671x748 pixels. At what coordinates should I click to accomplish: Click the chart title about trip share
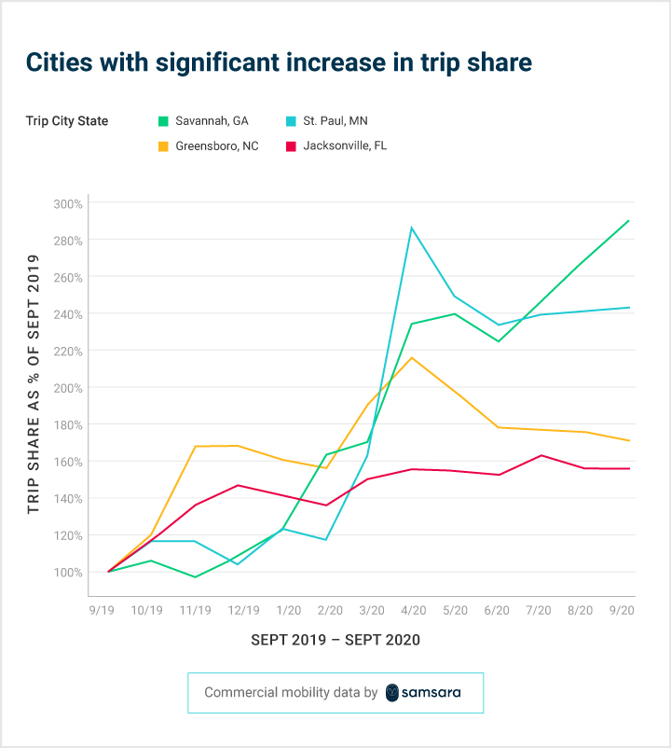click(x=279, y=62)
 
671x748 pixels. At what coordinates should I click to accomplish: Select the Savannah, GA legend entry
click(x=210, y=121)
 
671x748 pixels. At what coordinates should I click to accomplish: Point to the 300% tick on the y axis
click(x=68, y=203)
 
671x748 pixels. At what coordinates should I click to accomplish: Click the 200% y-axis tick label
click(x=68, y=388)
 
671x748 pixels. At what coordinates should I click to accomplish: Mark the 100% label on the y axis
click(x=68, y=573)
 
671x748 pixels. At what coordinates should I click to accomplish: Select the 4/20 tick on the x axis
click(x=412, y=610)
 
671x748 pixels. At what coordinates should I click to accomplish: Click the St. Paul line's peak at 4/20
click(x=412, y=228)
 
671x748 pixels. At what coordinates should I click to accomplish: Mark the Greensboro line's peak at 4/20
click(x=412, y=357)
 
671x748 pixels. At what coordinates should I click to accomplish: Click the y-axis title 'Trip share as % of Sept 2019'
click(x=34, y=388)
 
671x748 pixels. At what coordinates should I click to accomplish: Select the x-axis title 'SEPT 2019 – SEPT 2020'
click(x=335, y=640)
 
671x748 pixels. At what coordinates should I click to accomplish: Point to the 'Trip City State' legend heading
click(x=67, y=121)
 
